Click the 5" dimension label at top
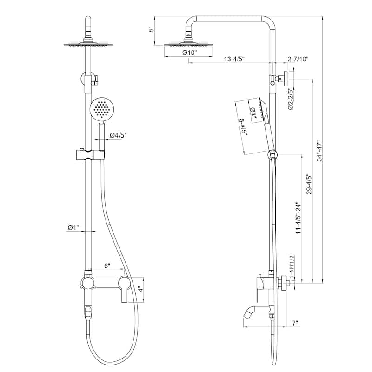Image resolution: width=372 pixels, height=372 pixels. pos(150,29)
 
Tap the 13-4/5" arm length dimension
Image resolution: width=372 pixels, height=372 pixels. pos(235,59)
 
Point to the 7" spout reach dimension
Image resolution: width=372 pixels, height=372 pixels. pos(295,322)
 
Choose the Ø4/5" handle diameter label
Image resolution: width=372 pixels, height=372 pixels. pos(118,135)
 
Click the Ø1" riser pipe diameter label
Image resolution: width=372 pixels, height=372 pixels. pos(73,227)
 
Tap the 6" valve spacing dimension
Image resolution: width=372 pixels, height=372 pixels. pos(107,266)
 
